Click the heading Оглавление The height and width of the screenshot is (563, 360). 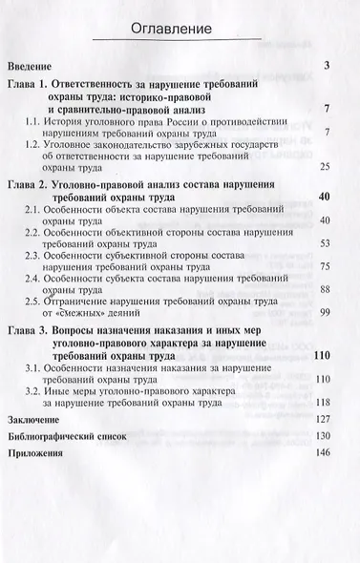[x=180, y=31]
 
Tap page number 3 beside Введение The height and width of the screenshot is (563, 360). [x=327, y=66]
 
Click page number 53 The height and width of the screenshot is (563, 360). [x=325, y=243]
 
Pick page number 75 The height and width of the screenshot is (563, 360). [x=325, y=267]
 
